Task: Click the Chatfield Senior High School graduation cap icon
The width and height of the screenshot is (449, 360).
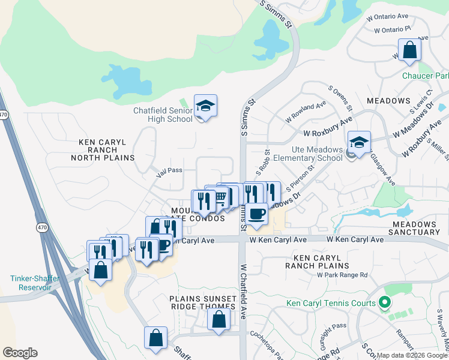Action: click(205, 106)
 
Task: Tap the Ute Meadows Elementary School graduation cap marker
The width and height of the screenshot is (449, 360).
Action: click(359, 143)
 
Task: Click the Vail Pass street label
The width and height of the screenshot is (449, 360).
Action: click(169, 170)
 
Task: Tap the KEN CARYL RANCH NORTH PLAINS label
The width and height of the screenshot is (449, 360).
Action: click(103, 150)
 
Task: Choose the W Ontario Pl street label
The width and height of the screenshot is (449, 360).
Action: click(391, 28)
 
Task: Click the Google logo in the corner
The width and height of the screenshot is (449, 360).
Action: click(20, 353)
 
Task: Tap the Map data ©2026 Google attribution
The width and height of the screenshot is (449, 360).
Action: click(412, 355)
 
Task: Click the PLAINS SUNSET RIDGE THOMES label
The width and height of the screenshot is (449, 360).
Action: click(202, 302)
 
